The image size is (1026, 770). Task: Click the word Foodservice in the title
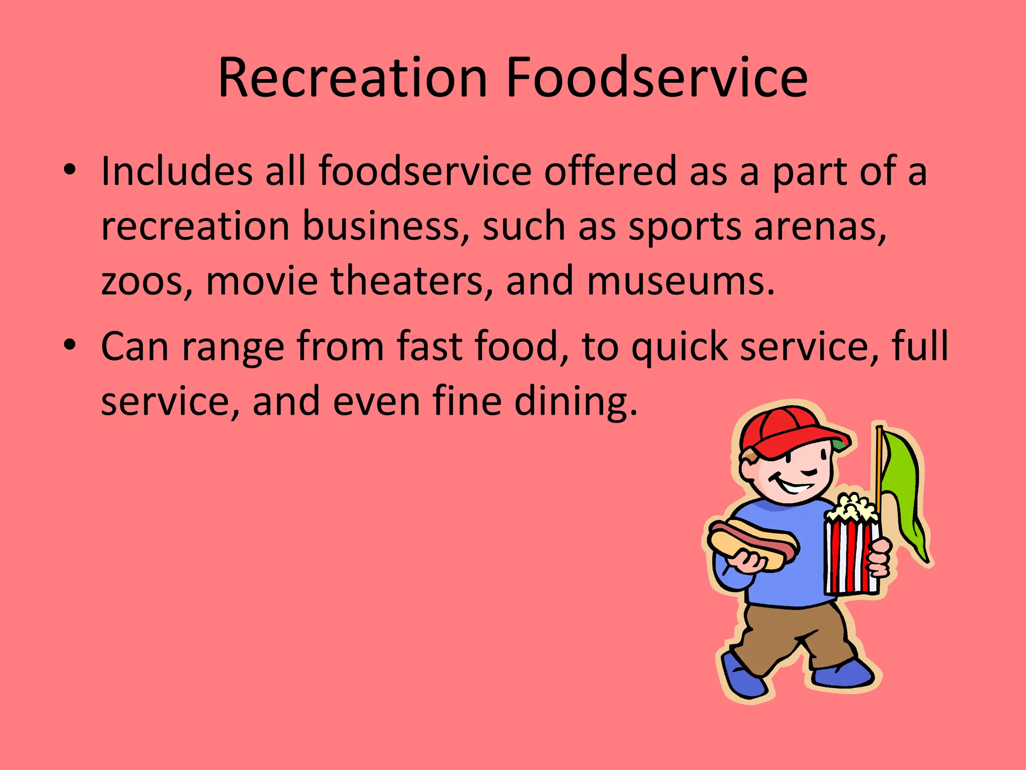tap(657, 78)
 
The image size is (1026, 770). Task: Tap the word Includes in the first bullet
tap(176, 171)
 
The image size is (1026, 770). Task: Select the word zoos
tap(146, 281)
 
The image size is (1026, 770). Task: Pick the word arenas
tap(820, 227)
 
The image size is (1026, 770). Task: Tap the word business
tap(386, 227)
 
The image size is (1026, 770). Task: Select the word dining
tap(576, 402)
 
